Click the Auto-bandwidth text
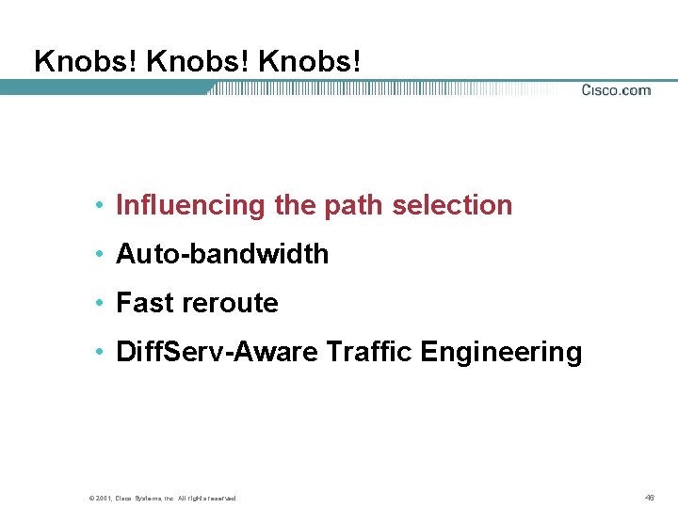click(x=222, y=254)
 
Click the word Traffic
click(x=369, y=352)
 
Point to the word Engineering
click(x=501, y=352)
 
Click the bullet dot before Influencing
click(x=99, y=206)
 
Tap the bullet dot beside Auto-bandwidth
click(x=99, y=255)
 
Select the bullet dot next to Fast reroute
click(x=99, y=304)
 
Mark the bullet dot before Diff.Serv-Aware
click(x=99, y=353)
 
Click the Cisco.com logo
click(x=616, y=90)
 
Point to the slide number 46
click(x=649, y=497)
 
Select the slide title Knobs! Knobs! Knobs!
click(x=197, y=61)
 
